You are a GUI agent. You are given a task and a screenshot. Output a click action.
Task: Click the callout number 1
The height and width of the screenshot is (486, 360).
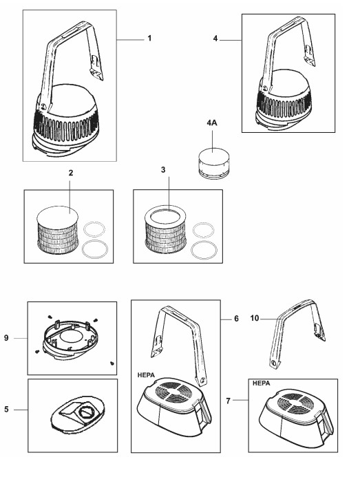coord(149,39)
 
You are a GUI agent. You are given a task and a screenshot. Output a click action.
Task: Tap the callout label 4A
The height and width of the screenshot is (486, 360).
coord(212,123)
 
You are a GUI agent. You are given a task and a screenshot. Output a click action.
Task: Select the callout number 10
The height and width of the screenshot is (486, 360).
coord(255,318)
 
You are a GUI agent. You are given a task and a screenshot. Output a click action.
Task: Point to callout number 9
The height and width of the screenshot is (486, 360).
coord(6,337)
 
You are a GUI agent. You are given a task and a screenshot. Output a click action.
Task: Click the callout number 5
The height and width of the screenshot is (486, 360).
coord(6,410)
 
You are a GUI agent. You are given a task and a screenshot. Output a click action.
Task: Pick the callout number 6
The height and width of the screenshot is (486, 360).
coord(236,319)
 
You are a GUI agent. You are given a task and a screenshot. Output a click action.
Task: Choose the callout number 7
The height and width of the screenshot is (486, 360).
coord(229,401)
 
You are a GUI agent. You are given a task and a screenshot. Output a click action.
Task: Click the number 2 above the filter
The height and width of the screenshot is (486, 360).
coord(71,173)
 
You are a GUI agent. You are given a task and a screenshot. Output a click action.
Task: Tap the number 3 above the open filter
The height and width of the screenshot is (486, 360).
coord(163,170)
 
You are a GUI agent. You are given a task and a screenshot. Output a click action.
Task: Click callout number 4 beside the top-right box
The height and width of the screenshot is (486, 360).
coord(215,39)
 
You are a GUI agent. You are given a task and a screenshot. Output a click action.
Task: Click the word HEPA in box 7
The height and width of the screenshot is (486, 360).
coord(261,383)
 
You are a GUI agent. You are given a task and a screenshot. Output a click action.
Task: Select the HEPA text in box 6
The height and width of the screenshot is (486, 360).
coord(146,375)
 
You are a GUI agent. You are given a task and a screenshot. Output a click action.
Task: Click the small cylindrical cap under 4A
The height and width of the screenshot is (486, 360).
coord(214,162)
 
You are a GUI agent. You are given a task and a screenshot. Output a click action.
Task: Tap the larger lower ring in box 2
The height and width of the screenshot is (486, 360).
coord(95,249)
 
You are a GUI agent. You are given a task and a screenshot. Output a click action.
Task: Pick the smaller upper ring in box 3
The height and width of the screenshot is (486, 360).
coord(203,230)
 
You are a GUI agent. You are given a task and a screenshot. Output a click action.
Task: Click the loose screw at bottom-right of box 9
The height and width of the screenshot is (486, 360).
coord(112,363)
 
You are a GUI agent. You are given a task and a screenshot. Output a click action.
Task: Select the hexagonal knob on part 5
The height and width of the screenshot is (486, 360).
coord(84,412)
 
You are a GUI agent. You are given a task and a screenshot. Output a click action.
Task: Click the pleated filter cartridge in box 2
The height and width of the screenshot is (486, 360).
coord(57,230)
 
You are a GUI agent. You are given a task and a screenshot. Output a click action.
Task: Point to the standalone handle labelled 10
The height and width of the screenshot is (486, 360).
coord(297,333)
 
